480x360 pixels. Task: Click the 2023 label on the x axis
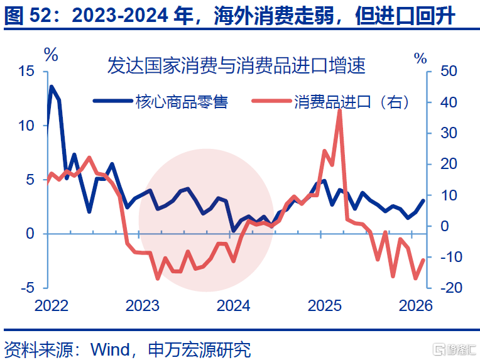pyautogui.click(x=143, y=305)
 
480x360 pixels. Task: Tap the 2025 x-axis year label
pyautogui.click(x=324, y=305)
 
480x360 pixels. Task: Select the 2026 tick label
pyautogui.click(x=415, y=305)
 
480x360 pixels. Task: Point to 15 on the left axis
pyautogui.click(x=26, y=71)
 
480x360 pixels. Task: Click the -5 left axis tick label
pyautogui.click(x=28, y=288)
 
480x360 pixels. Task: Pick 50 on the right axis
pyautogui.click(x=449, y=71)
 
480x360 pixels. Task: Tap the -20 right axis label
pyautogui.click(x=451, y=288)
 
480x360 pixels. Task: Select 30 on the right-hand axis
pyautogui.click(x=449, y=133)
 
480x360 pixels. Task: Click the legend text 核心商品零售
pyautogui.click(x=182, y=102)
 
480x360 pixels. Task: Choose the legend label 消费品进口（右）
pyautogui.click(x=351, y=102)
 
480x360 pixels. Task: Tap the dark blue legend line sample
pyautogui.click(x=112, y=101)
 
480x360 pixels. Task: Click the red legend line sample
pyautogui.click(x=271, y=101)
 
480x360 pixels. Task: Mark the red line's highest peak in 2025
pyautogui.click(x=339, y=111)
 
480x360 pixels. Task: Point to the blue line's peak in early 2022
pyautogui.click(x=52, y=87)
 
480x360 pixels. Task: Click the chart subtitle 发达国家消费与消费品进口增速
pyautogui.click(x=236, y=65)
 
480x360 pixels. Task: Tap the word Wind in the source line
pyautogui.click(x=110, y=349)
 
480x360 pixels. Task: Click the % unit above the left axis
pyautogui.click(x=51, y=55)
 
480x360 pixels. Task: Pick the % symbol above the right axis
pyautogui.click(x=420, y=58)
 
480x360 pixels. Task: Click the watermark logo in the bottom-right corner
pyautogui.click(x=454, y=349)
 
